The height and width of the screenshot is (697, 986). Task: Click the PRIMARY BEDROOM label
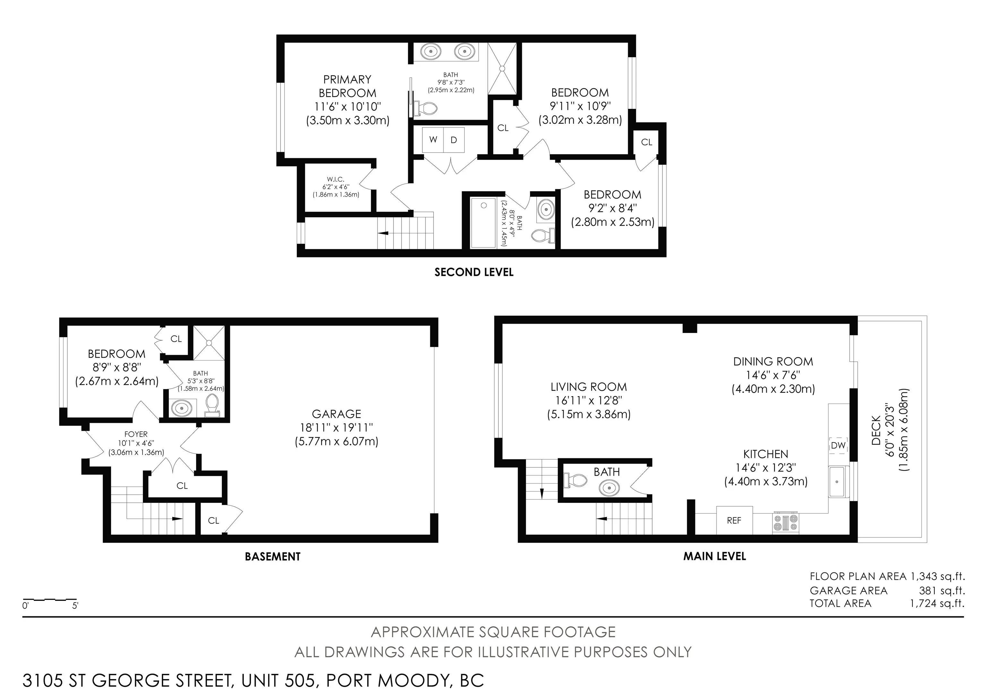tap(347, 86)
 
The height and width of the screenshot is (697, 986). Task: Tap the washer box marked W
tap(433, 140)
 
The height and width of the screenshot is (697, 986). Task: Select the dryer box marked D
tap(454, 140)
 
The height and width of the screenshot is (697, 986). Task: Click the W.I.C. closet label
tap(335, 179)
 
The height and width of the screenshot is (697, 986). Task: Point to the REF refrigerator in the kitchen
tap(734, 520)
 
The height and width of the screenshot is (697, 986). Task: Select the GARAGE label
tap(336, 414)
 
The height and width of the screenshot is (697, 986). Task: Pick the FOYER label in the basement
tap(136, 434)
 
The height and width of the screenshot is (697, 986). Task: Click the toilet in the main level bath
tap(575, 480)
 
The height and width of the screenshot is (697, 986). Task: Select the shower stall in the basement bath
tap(209, 343)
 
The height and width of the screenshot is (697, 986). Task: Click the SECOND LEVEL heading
tap(474, 272)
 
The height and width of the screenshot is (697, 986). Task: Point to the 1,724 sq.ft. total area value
tap(937, 603)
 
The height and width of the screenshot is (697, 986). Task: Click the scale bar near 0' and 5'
tap(49, 599)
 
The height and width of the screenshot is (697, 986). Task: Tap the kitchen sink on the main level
tap(836, 482)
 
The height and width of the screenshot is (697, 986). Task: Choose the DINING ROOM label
tap(773, 362)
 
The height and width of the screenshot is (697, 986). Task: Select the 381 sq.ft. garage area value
tap(942, 590)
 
